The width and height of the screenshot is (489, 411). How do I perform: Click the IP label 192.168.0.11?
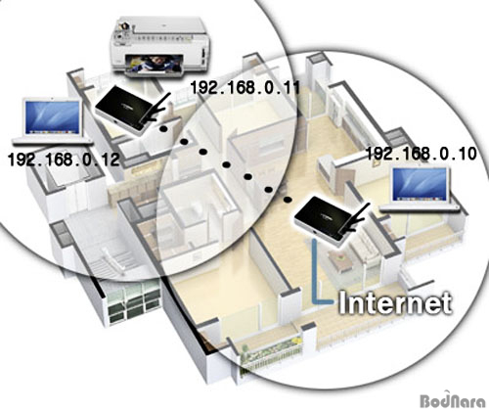coord(244,87)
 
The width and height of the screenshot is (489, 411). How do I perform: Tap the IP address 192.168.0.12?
coord(64,160)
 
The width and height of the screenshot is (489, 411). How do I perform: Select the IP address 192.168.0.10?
coord(422,154)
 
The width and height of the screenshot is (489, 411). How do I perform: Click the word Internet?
coord(395,303)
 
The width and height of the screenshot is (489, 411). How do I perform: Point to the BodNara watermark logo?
coord(454,399)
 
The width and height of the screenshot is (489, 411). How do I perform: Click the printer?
coord(158,47)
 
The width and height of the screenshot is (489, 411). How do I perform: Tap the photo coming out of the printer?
coord(155,64)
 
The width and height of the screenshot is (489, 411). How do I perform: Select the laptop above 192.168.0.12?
coord(52,121)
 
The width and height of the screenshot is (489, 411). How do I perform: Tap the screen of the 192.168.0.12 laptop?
coord(53,116)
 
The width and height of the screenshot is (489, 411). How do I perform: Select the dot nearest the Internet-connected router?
coord(288,200)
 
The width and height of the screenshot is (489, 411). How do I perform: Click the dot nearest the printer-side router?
coord(163,128)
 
